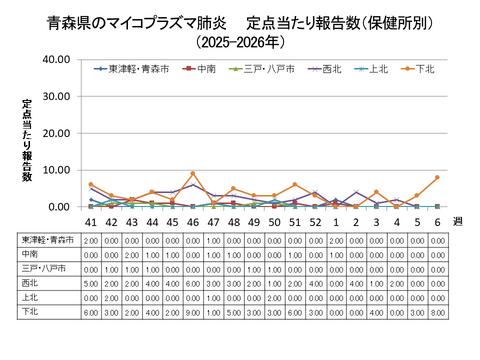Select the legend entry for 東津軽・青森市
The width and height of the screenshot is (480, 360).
pyautogui.click(x=135, y=70)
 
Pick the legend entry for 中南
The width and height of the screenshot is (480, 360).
pyautogui.click(x=204, y=70)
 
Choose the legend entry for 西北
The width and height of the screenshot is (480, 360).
pyautogui.click(x=328, y=70)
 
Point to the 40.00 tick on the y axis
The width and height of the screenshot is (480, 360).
pyautogui.click(x=55, y=60)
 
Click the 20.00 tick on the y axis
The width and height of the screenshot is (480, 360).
pyautogui.click(x=55, y=133)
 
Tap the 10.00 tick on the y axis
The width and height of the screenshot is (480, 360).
pyautogui.click(x=55, y=170)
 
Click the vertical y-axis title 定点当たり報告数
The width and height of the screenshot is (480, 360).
pyautogui.click(x=28, y=140)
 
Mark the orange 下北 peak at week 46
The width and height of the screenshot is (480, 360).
pyautogui.click(x=193, y=174)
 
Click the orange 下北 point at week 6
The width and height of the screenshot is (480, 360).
pyautogui.click(x=437, y=177)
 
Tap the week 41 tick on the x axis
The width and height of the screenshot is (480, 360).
pyautogui.click(x=91, y=221)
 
